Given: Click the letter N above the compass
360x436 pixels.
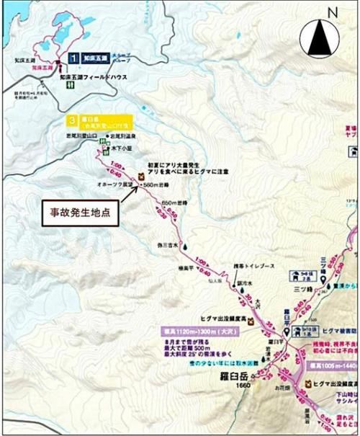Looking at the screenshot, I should [332, 12].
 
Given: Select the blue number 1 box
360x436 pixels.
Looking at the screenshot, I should [73, 56].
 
